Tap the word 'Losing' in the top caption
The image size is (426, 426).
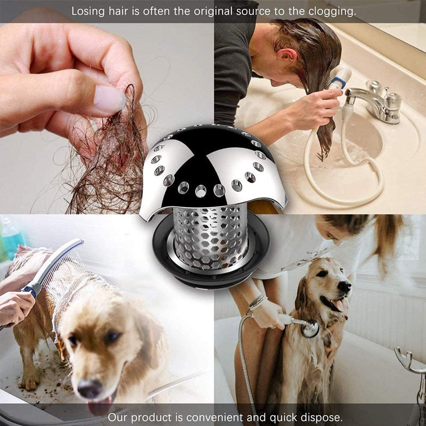pyautogui.click(x=87, y=11)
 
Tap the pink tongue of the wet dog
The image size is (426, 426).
pyautogui.click(x=101, y=407)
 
